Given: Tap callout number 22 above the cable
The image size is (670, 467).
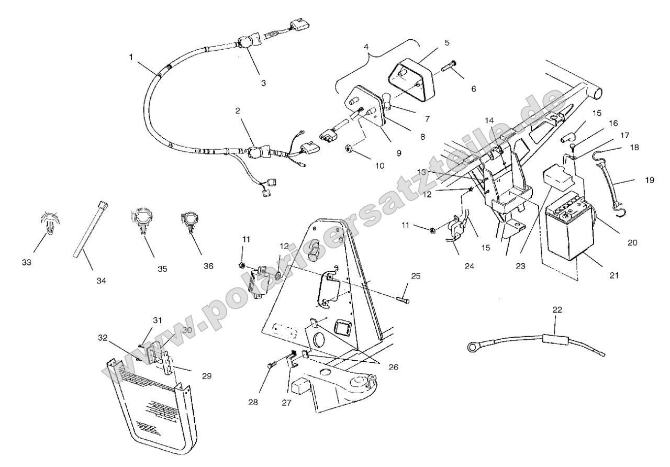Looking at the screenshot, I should tap(557, 310).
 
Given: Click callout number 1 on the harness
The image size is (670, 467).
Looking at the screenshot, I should tap(131, 57).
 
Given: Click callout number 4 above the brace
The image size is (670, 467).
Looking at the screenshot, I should tap(366, 47).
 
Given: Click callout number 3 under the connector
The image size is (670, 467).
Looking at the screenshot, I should tap(263, 83).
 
